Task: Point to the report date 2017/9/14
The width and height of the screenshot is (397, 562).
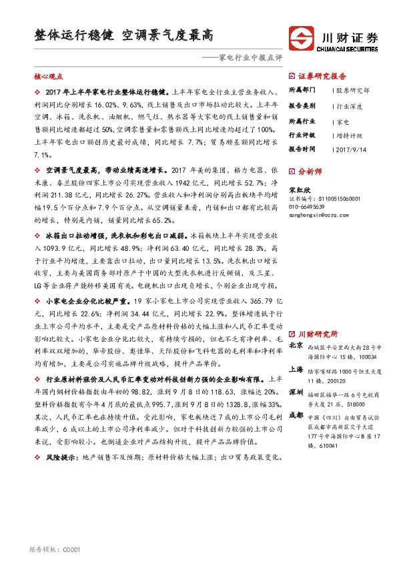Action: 355,149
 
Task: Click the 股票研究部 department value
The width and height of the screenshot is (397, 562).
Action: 352,89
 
